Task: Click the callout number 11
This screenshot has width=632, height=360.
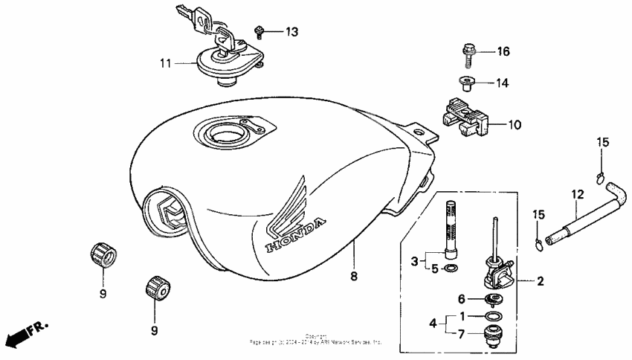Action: (164, 64)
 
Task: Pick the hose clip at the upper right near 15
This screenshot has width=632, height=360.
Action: (601, 176)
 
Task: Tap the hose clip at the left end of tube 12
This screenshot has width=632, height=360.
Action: (538, 240)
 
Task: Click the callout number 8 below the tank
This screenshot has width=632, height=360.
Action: (354, 276)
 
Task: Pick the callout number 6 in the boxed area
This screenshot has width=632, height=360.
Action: (462, 298)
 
